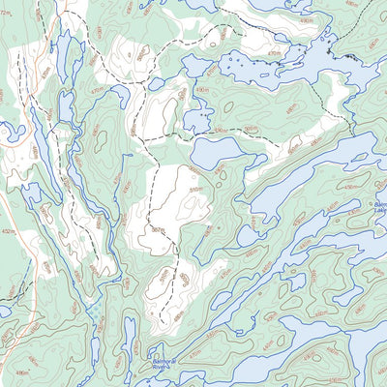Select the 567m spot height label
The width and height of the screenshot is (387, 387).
(159, 230)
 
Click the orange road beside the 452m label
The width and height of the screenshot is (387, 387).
(21, 242)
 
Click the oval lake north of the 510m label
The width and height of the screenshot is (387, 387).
(215, 153)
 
